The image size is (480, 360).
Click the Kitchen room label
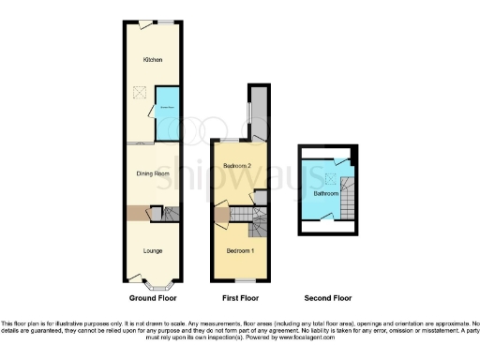tap(152, 60)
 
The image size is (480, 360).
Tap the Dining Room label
tap(152, 173)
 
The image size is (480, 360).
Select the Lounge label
tap(152, 250)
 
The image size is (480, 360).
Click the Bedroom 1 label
tap(239, 252)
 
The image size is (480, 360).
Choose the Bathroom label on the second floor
tap(326, 193)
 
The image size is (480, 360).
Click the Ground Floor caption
tap(152, 298)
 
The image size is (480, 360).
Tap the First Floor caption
tap(240, 298)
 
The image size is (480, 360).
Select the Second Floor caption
tap(328, 298)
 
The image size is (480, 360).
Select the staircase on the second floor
tap(348, 200)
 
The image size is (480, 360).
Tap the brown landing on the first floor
tap(221, 217)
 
